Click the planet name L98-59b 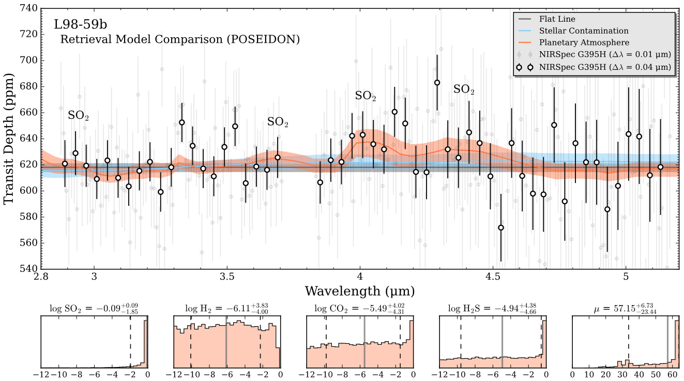pos(80,24)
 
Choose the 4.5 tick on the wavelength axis pos(493,276)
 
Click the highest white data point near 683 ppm pos(437,83)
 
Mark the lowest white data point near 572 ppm pos(500,228)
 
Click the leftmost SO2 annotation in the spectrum pos(79,116)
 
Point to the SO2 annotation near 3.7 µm pos(278,123)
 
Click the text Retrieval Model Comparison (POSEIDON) pos(180,39)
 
